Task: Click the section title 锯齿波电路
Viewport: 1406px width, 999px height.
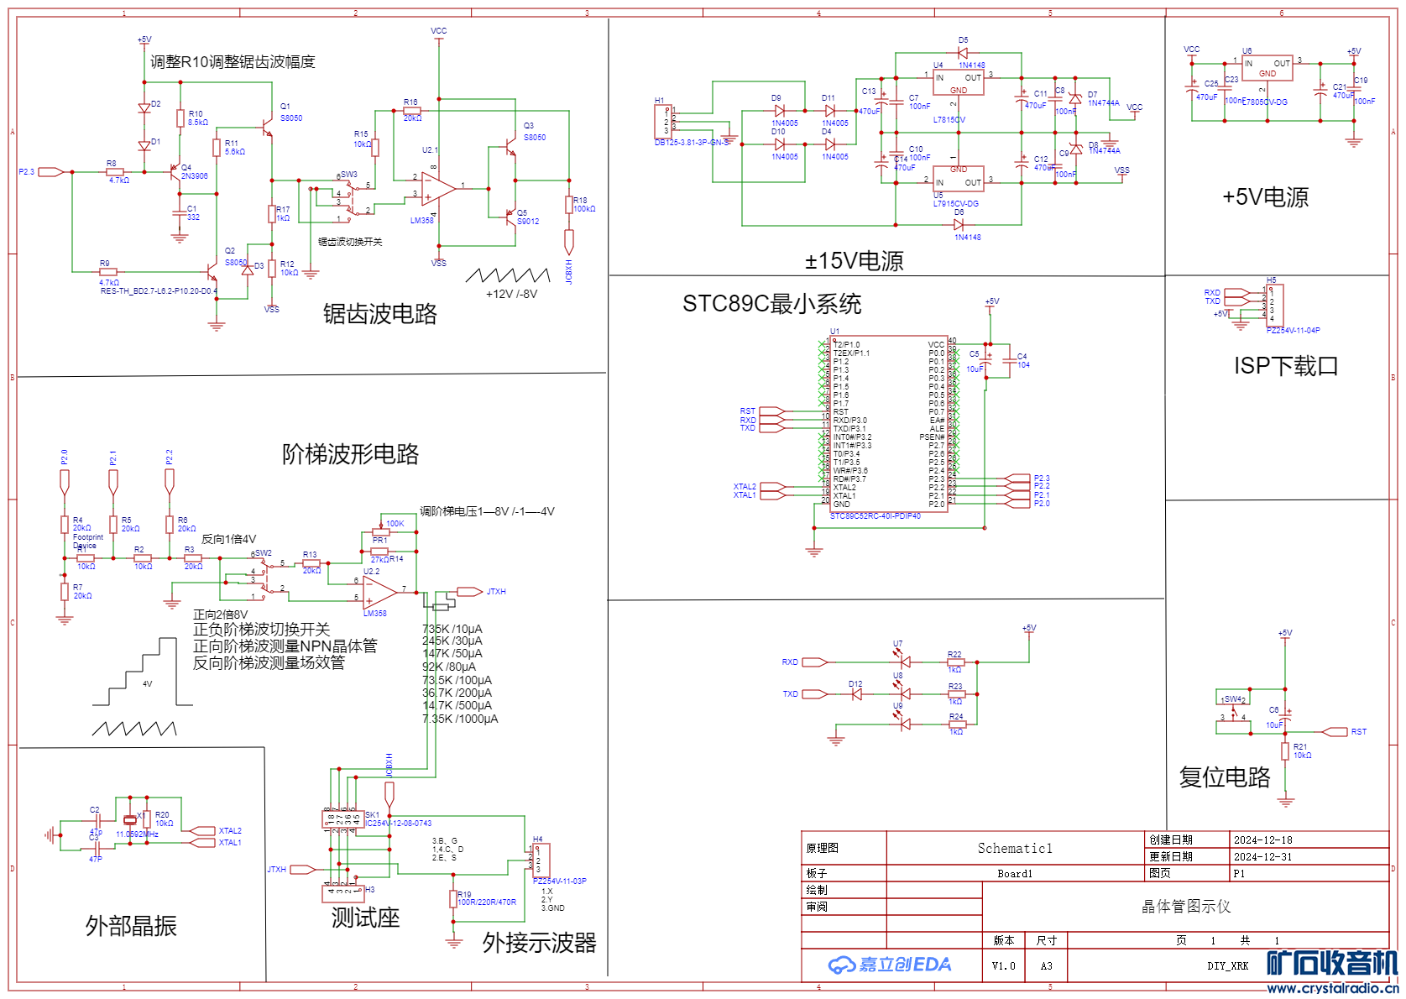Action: click(x=379, y=314)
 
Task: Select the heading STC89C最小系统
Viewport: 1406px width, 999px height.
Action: click(x=771, y=304)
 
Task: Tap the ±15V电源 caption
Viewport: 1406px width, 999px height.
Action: click(x=854, y=261)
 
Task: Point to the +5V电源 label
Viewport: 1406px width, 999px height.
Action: click(x=1265, y=197)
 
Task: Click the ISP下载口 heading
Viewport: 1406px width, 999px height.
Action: click(x=1285, y=366)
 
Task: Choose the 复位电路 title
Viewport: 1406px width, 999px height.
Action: click(x=1225, y=777)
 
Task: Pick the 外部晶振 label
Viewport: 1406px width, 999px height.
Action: click(x=131, y=926)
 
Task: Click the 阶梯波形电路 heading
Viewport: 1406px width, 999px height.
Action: click(x=350, y=454)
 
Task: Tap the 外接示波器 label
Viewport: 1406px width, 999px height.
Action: click(x=539, y=943)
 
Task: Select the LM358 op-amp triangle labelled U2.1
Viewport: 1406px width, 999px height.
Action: click(x=436, y=188)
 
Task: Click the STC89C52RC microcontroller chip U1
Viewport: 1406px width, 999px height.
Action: click(x=888, y=424)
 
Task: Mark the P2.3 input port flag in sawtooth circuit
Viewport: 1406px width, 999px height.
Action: click(x=50, y=172)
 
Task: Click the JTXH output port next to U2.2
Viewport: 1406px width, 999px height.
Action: click(x=469, y=592)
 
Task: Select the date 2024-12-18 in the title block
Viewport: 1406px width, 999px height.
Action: click(x=1262, y=839)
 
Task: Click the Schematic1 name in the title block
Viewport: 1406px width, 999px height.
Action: click(x=1015, y=848)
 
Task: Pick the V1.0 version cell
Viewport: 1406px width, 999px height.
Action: click(x=1003, y=966)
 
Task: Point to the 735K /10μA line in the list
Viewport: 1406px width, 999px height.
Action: click(x=452, y=629)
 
